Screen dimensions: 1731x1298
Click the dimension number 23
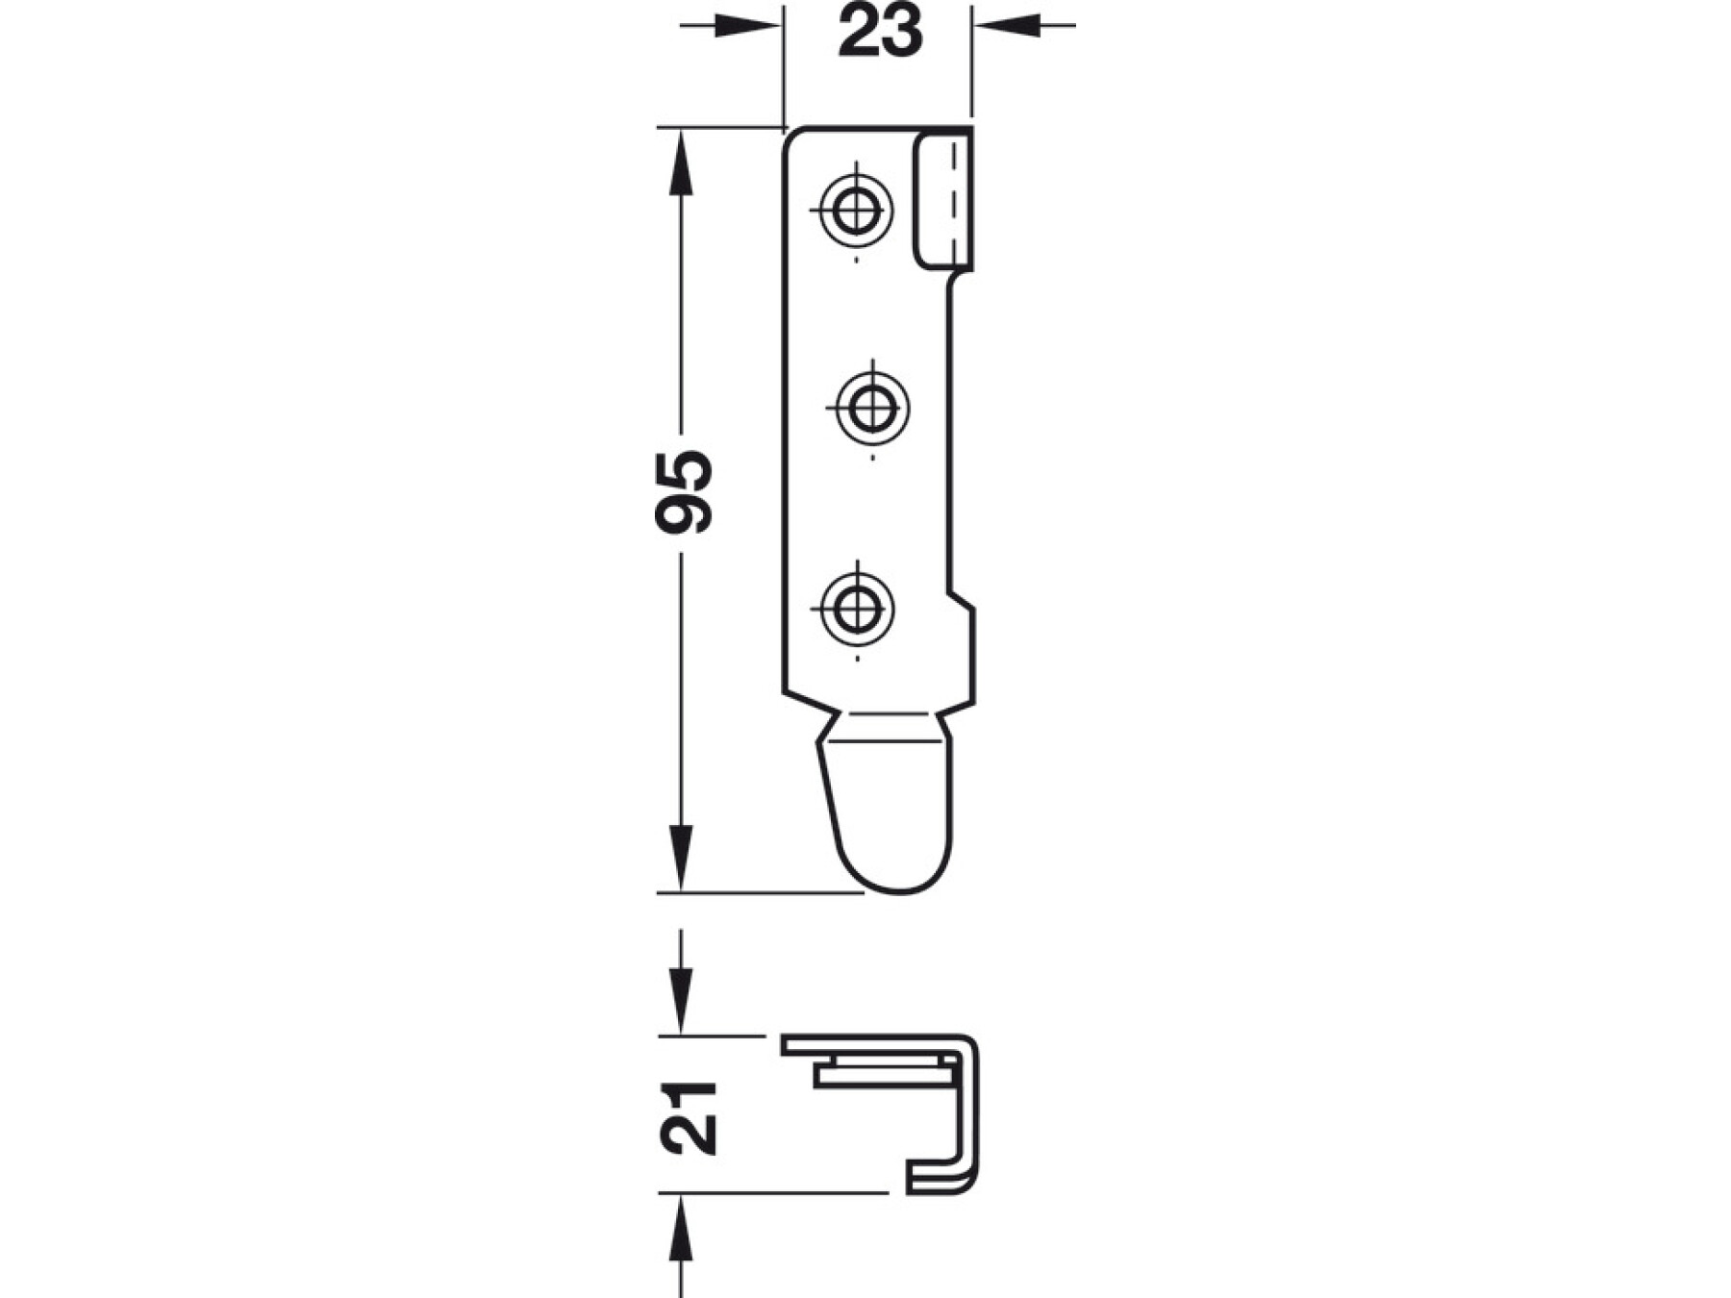tap(880, 31)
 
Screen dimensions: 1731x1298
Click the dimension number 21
tap(689, 1118)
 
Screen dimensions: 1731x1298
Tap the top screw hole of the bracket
tap(854, 209)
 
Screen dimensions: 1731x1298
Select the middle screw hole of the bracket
tap(871, 408)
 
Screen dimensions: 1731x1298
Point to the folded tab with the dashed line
tap(943, 203)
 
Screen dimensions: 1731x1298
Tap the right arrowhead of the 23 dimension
tap(1006, 25)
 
